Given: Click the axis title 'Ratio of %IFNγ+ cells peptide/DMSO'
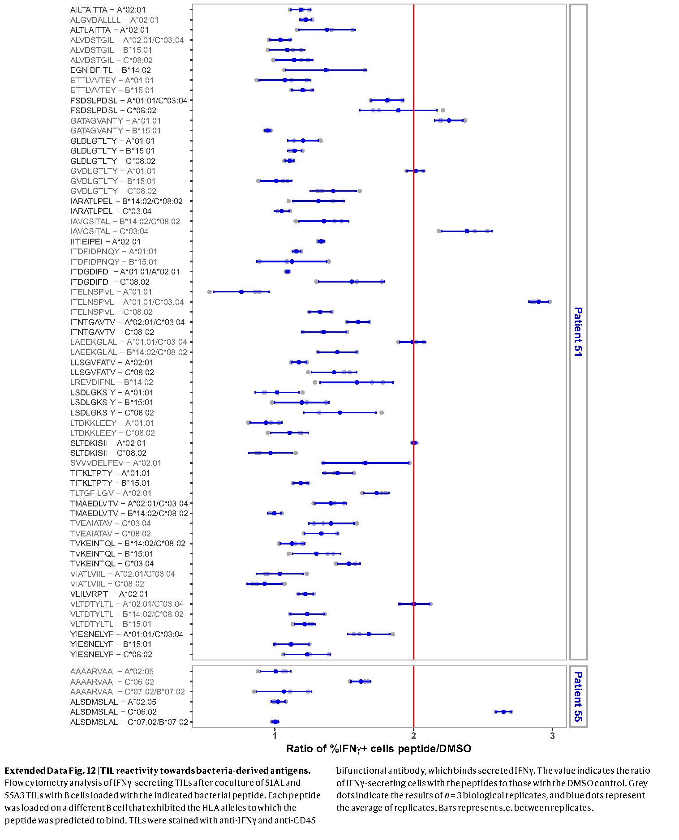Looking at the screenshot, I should tap(378, 749).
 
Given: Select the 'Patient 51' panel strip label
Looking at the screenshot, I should tap(578, 331).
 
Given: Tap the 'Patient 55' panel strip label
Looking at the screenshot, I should tap(578, 696).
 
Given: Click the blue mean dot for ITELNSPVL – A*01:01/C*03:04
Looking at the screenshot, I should tap(538, 302).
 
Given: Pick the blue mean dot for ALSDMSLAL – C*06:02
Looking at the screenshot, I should tap(503, 711).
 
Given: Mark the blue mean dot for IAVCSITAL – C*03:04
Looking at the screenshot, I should tap(467, 231).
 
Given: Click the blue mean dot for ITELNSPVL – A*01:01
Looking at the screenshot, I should tap(241, 291).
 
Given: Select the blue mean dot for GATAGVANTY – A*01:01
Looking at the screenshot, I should tap(449, 120).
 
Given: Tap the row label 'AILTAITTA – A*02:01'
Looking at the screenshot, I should tap(108, 10).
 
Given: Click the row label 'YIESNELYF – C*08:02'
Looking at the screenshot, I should tap(111, 654).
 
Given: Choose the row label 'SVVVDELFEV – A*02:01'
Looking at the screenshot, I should tap(116, 463).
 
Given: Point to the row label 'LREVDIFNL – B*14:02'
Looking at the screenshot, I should tap(112, 382).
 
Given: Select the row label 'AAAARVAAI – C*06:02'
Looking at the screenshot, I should tap(112, 681).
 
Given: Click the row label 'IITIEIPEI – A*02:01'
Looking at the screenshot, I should tap(105, 241).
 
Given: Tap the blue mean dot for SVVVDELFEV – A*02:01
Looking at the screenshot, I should tap(365, 463).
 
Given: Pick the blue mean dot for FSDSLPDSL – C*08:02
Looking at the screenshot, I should tap(398, 110).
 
